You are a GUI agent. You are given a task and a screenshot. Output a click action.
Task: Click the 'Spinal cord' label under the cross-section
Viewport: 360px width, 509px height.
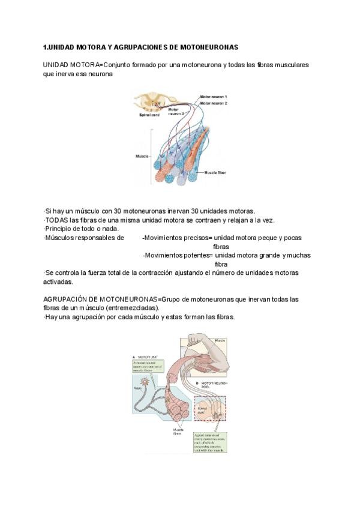pos(148,115)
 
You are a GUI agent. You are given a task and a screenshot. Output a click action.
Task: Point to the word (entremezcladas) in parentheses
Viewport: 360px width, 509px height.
pos(128,307)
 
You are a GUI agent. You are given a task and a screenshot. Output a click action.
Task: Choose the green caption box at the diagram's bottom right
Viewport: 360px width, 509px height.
pos(210,442)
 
